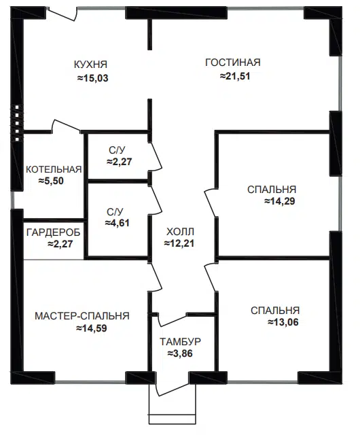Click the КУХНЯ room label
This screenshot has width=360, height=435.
92,65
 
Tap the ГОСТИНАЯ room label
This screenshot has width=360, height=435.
232,63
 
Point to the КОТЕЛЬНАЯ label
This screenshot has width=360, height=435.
54,170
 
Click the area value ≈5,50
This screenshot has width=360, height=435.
52,181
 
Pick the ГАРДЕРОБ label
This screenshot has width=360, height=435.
53,232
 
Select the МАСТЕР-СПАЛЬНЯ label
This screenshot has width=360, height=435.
82,316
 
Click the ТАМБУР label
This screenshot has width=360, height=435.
181,342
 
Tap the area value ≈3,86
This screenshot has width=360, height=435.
181,354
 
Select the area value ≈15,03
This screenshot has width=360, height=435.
93,78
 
